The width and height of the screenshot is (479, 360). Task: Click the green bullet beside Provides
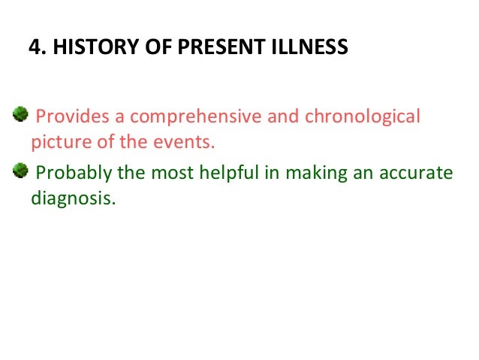(x=20, y=115)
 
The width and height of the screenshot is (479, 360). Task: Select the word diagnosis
(x=74, y=200)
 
